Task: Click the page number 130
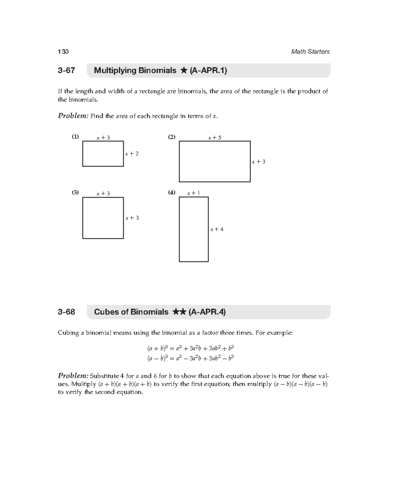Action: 63,52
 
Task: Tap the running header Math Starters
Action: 310,52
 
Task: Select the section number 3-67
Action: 66,70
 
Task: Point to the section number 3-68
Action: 66,312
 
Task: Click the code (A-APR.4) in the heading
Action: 207,312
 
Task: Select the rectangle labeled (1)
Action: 103,154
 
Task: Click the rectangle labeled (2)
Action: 214,162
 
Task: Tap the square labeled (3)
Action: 103,218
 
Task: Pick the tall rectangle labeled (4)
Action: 194,229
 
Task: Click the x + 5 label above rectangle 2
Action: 214,138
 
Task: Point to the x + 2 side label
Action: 132,154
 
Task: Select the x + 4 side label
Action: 217,229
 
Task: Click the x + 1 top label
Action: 193,193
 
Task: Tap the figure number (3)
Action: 75,192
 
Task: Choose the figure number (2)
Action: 172,137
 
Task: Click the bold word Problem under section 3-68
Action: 73,376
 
